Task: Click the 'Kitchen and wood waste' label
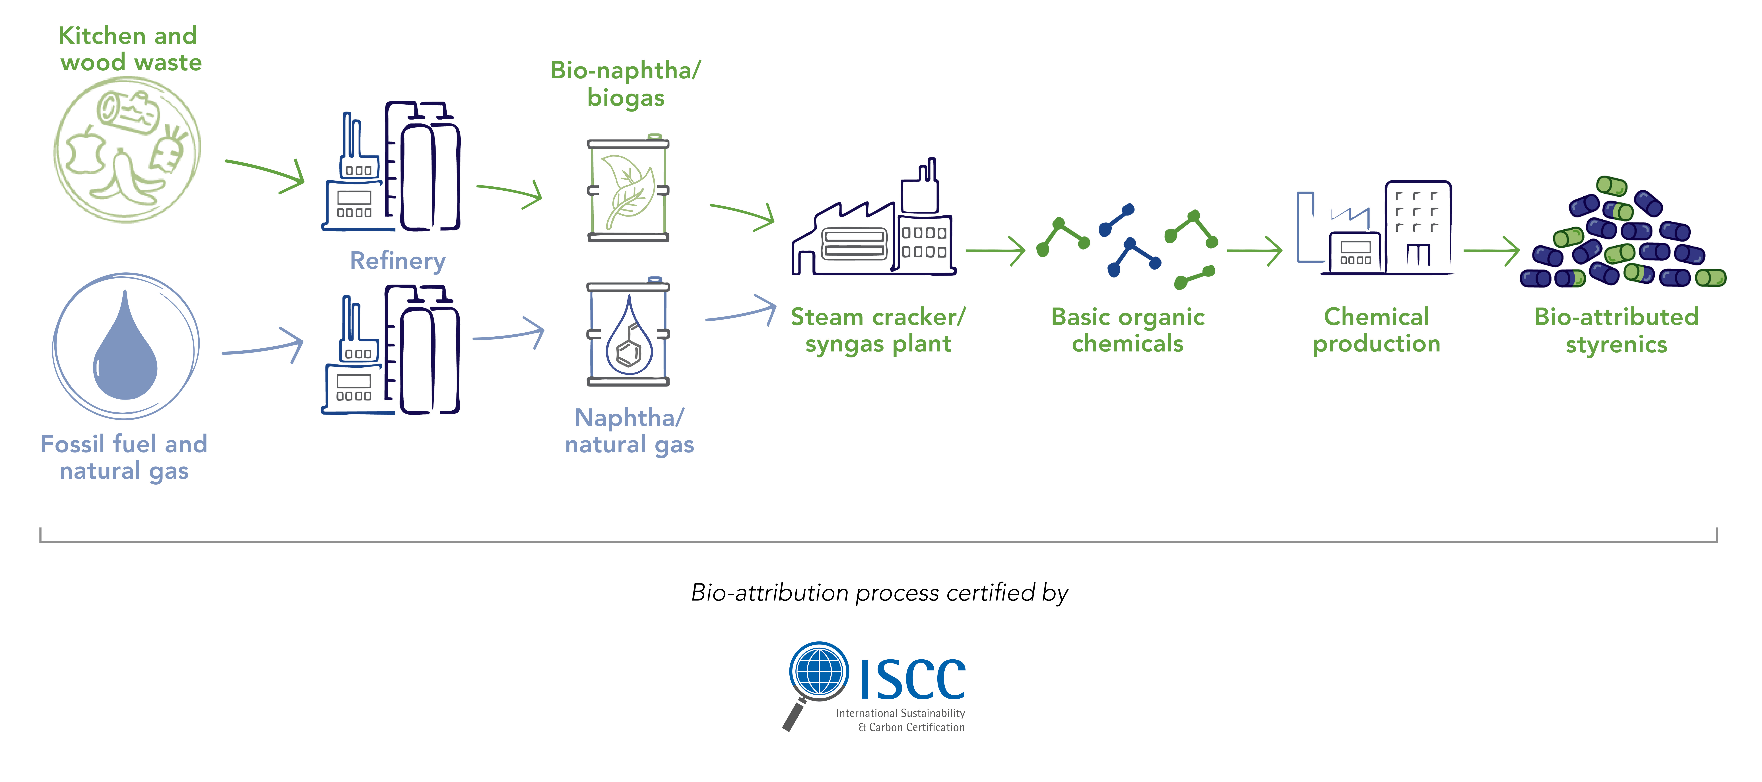click(x=129, y=49)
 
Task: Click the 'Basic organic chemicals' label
click(x=1128, y=330)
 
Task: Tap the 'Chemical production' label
click(x=1376, y=330)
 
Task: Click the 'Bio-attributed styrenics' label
click(x=1616, y=330)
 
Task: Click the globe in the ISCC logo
click(x=819, y=670)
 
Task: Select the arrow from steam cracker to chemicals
click(x=995, y=251)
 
